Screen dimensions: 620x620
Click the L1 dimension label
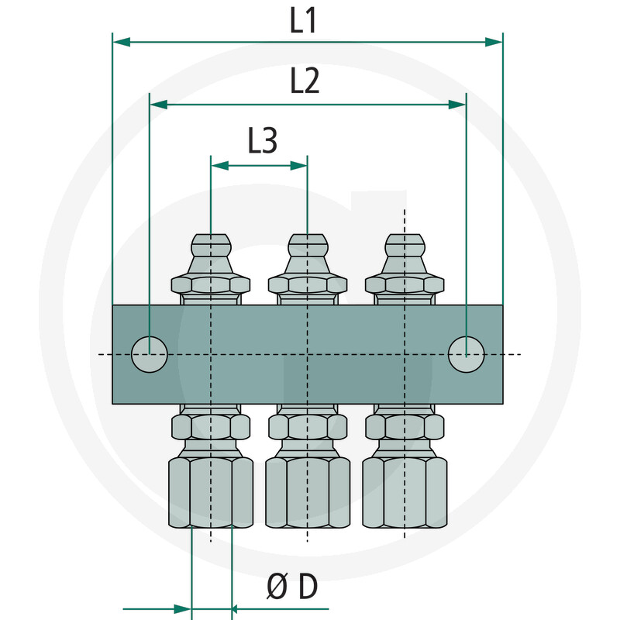click(x=303, y=21)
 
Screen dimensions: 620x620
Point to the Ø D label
click(x=291, y=588)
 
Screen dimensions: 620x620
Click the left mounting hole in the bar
click(x=149, y=355)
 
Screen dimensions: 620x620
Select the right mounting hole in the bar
click(x=466, y=355)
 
